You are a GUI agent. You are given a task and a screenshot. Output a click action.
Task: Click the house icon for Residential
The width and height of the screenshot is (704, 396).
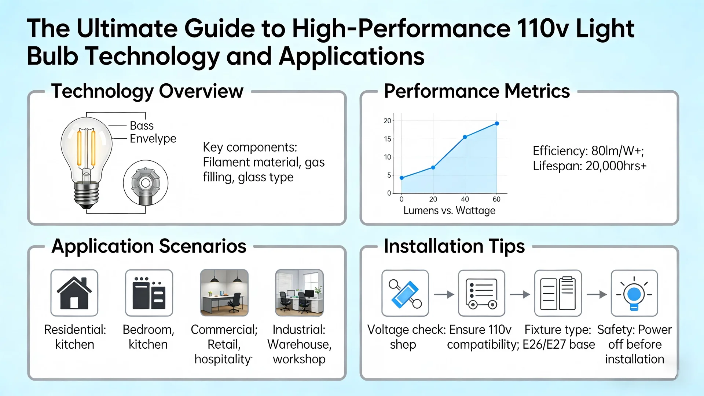74,293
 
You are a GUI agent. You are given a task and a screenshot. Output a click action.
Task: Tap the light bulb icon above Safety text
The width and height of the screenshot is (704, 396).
634,294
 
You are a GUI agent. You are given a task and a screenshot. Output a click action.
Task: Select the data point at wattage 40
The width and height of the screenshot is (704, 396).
465,137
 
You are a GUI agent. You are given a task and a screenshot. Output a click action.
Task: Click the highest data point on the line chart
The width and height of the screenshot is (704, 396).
497,124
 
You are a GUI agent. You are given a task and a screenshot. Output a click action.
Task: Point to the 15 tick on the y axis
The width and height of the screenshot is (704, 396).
388,139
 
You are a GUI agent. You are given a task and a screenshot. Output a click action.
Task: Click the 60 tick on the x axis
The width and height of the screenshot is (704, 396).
496,199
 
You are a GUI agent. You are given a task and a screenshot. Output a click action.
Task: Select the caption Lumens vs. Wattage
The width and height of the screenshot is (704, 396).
449,211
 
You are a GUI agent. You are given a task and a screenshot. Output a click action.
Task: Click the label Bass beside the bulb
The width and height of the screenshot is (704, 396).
142,126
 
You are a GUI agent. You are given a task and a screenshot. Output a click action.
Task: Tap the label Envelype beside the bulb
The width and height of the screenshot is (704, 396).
153,139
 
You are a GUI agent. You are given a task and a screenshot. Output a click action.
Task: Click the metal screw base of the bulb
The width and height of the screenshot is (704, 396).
86,195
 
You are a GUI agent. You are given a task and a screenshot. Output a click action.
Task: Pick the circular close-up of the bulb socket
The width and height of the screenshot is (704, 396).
146,183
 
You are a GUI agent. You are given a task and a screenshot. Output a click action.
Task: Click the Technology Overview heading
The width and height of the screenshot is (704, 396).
147,91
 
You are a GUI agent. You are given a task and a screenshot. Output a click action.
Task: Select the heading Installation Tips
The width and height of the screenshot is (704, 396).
454,246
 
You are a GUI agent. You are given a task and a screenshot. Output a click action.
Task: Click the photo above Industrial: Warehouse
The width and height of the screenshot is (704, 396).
299,293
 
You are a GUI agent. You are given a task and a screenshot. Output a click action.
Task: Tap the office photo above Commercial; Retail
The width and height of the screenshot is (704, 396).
224,293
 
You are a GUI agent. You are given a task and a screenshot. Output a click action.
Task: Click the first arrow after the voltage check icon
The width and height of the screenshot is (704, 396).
444,294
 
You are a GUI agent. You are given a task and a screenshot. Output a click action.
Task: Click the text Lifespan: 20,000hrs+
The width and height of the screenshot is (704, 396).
590,166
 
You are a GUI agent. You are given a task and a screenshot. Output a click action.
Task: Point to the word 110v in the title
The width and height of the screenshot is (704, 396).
543,29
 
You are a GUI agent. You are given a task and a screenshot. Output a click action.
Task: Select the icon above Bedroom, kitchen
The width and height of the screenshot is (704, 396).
149,293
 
